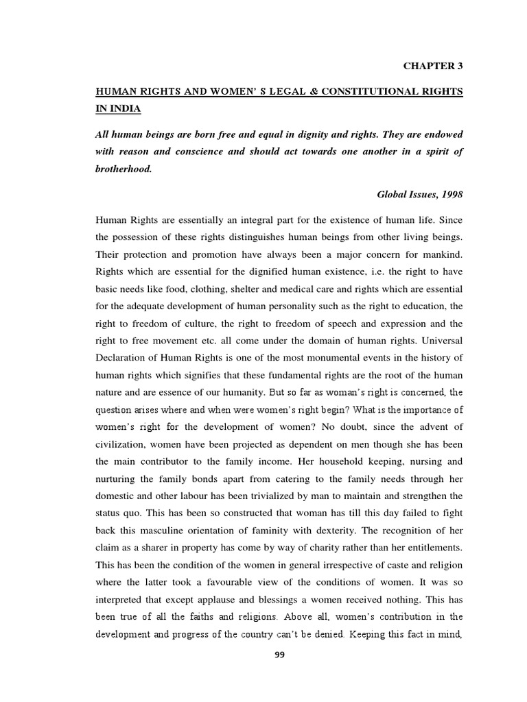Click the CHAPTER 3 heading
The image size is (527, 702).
click(432, 66)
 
